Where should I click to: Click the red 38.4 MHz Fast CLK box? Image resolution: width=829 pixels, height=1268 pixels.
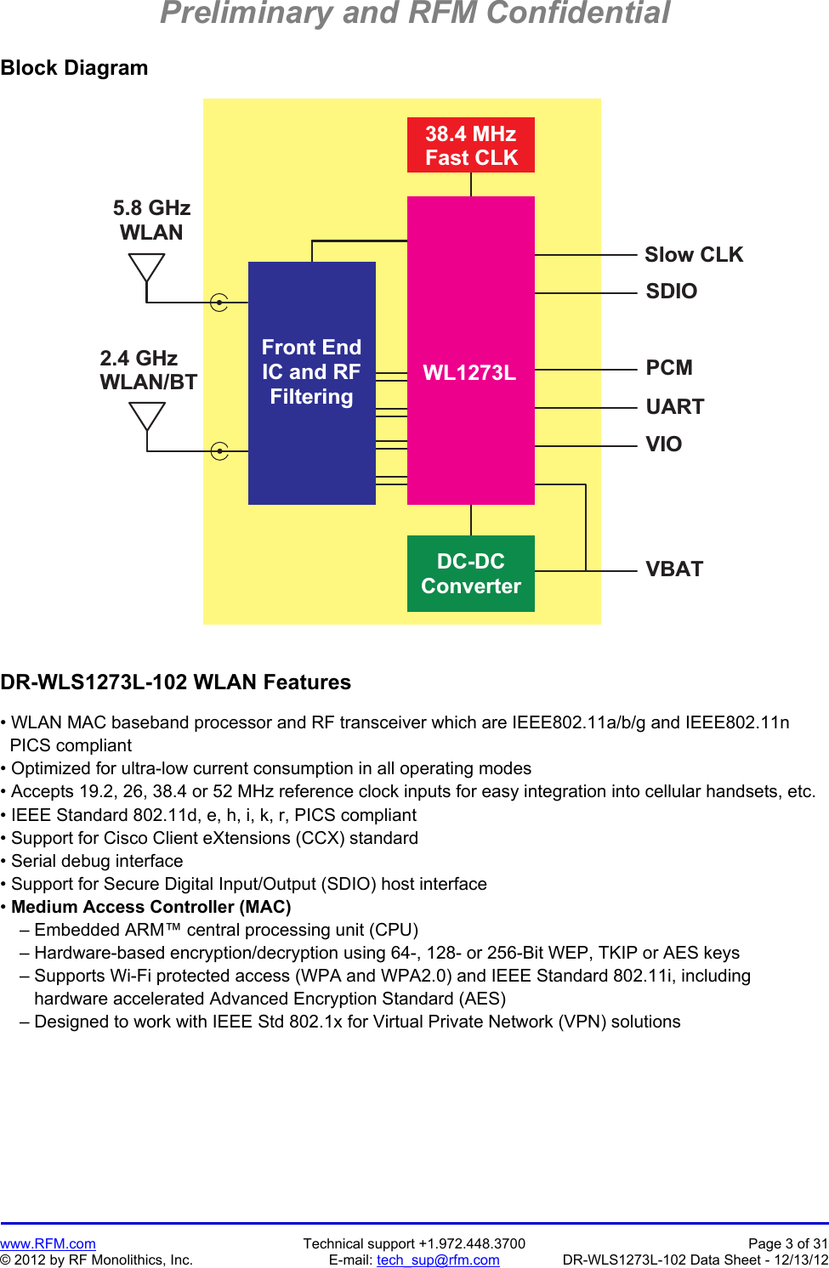tap(470, 145)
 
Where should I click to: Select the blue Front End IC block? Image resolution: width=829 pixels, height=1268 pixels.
tap(311, 382)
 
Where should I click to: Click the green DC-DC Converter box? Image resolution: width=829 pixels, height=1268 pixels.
tap(470, 574)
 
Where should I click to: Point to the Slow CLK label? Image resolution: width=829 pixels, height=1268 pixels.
tap(693, 255)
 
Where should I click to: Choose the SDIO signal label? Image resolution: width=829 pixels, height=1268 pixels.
tap(671, 292)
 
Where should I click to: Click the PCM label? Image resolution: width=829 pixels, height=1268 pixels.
tap(669, 368)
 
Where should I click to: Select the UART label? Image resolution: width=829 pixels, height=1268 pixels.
tap(674, 407)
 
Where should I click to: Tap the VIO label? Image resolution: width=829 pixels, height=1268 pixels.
tap(663, 444)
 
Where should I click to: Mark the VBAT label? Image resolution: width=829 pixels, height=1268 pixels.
tap(674, 569)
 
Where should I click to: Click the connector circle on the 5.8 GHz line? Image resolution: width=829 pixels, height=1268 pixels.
tap(219, 302)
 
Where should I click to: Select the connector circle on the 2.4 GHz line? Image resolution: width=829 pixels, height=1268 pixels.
tap(219, 450)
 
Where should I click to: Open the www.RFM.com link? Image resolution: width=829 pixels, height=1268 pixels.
tap(48, 1244)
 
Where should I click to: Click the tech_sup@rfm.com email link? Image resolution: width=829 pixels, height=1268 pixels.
tap(438, 1260)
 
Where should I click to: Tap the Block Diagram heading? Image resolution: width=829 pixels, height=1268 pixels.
tap(74, 68)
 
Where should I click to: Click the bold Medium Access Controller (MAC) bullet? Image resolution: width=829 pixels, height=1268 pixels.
tap(150, 907)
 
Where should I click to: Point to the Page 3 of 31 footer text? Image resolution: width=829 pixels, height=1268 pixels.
tap(787, 1244)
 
